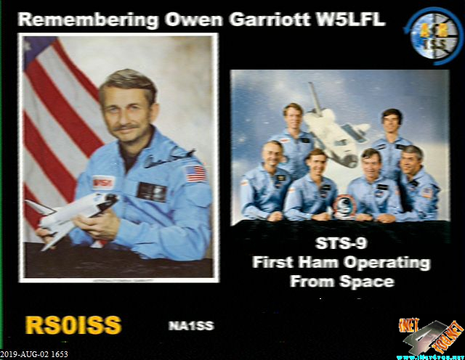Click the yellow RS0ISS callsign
(73, 325)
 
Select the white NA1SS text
(191, 326)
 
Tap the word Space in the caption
(367, 280)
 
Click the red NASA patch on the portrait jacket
(103, 181)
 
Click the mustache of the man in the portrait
(128, 128)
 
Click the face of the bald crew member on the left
(273, 154)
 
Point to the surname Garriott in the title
(256, 20)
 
